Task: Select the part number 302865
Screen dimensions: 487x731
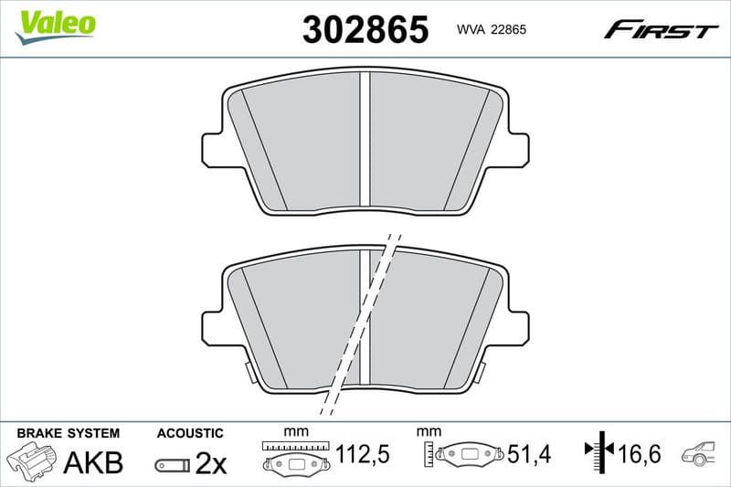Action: click(365, 29)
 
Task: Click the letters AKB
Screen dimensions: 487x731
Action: click(92, 463)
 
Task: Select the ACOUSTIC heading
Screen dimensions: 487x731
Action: click(190, 433)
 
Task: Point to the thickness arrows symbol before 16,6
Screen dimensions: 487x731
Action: click(599, 451)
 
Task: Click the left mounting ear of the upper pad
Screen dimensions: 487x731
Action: click(214, 147)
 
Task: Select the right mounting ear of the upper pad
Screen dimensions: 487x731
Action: click(516, 147)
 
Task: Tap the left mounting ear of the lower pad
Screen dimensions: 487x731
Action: click(214, 323)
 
